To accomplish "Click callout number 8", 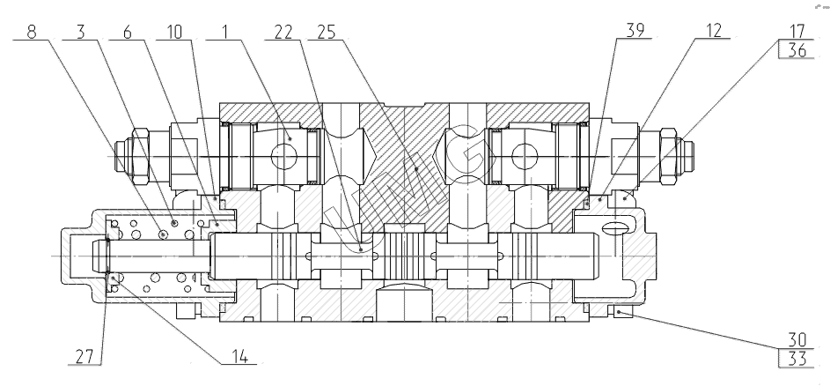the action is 32,32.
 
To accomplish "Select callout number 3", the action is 80,32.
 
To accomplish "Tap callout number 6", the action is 127,32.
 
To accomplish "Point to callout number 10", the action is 173,32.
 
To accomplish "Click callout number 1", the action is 225,32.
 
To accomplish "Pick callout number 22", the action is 283,32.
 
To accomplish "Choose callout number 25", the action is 326,32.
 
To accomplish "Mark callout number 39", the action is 635,30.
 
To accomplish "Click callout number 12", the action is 714,30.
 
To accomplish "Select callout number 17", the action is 797,31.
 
